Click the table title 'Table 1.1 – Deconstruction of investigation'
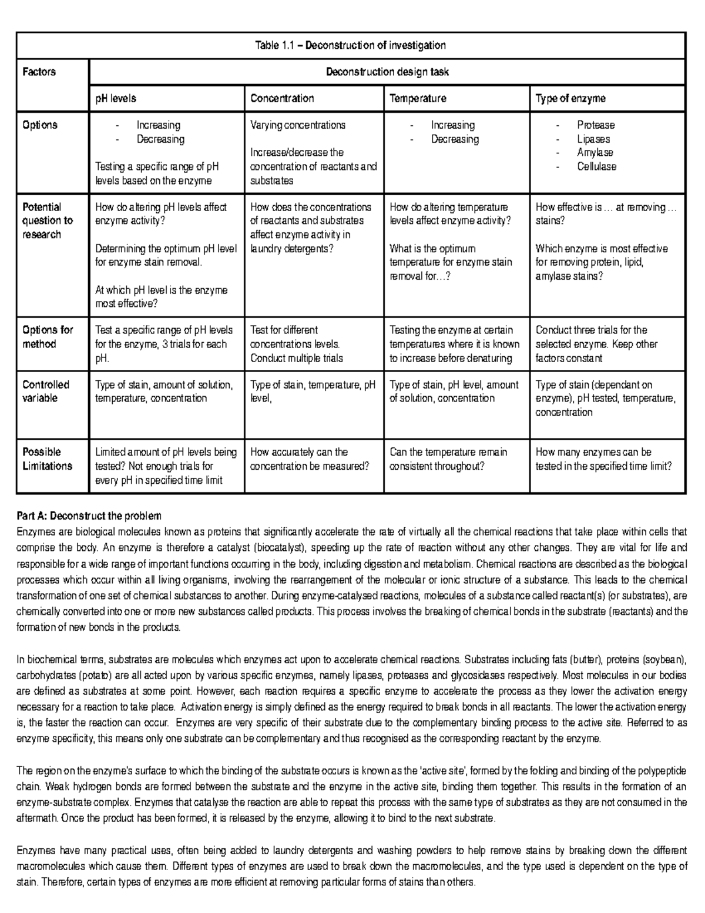350,45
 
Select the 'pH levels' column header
116,98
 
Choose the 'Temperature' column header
418,98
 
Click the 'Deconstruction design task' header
387,72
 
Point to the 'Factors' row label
39,72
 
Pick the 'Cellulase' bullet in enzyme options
596,166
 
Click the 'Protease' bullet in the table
595,125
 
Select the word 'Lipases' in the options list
593,139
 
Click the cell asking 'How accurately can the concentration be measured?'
310,459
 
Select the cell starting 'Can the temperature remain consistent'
448,459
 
